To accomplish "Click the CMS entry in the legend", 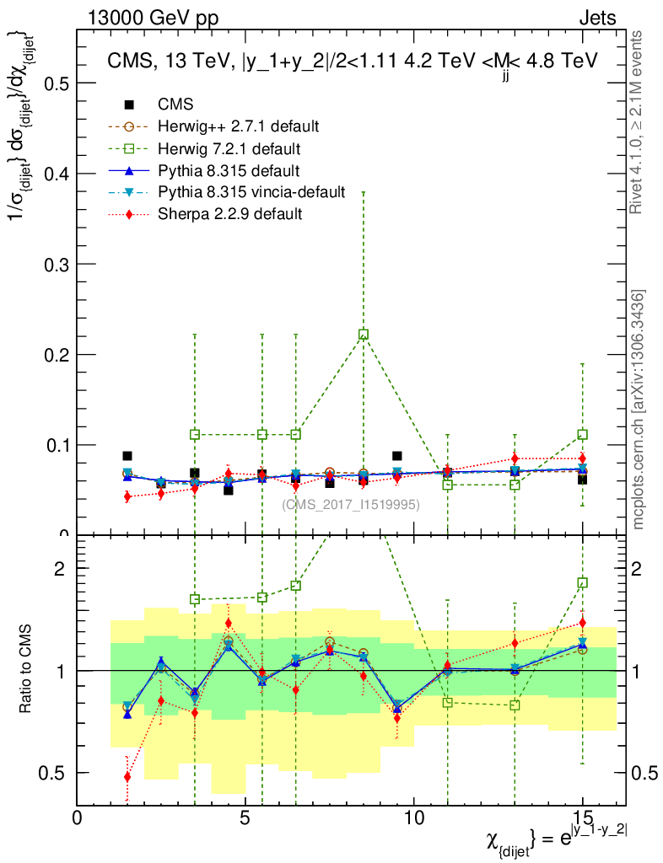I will coord(175,105).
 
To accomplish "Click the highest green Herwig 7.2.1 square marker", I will coord(364,335).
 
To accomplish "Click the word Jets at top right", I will coord(597,19).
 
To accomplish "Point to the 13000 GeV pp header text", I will coord(153,19).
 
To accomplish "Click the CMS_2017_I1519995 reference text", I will coord(351,505).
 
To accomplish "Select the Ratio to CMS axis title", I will coord(27,669).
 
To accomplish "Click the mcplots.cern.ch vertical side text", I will coord(638,410).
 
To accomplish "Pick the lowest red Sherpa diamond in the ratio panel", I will coord(127,777).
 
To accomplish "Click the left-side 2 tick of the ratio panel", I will coord(59,569).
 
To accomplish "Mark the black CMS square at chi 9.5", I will coord(396,456).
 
